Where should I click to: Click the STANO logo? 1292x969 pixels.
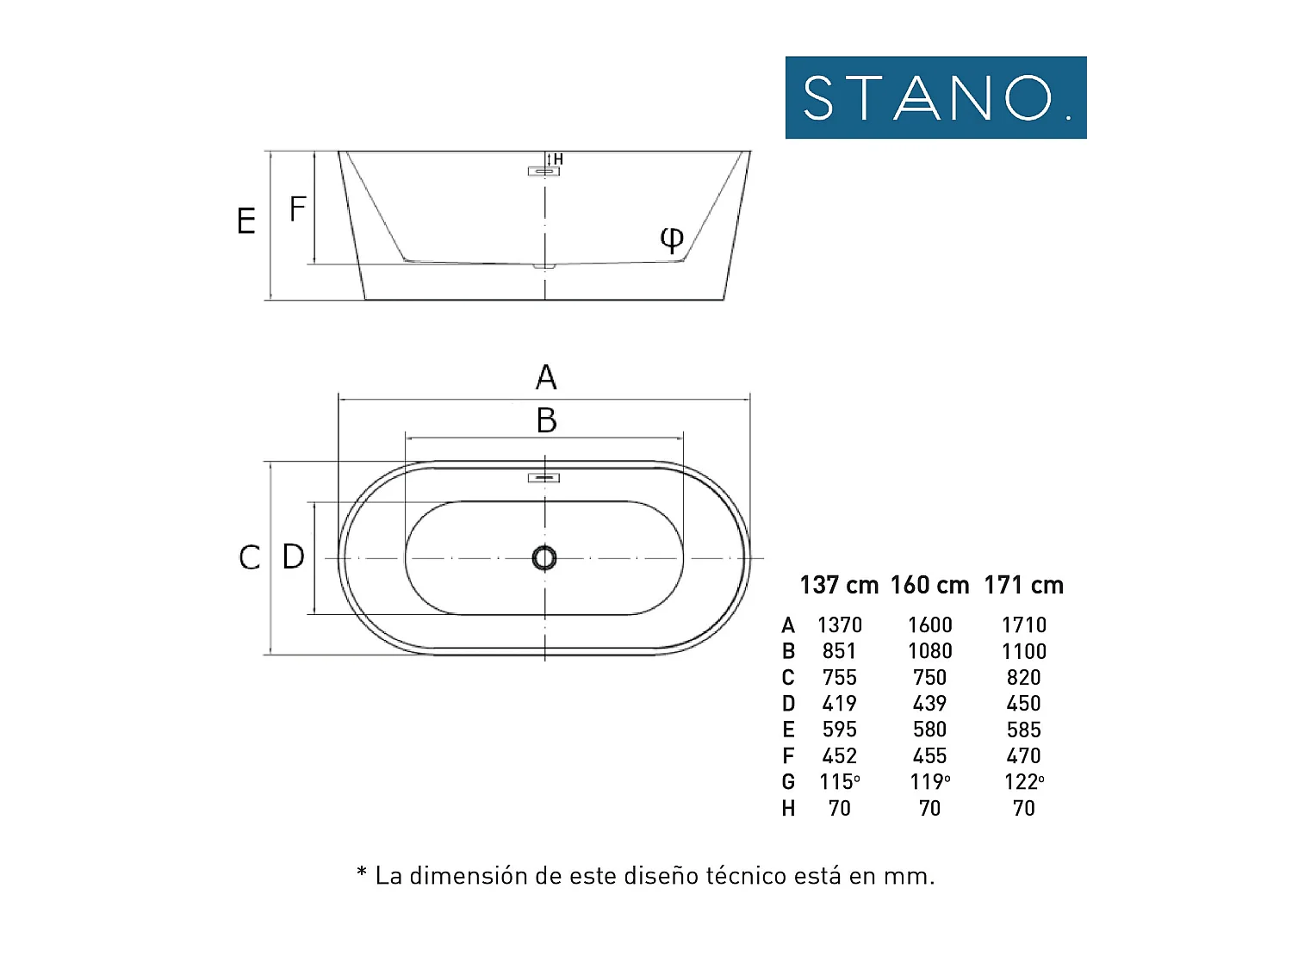[935, 97]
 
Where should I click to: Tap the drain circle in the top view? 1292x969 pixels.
[544, 558]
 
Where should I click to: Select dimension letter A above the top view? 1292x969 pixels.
[546, 377]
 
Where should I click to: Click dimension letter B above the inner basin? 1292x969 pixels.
[546, 421]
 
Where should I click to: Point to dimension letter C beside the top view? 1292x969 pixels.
[249, 557]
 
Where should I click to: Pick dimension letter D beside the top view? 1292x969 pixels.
[294, 556]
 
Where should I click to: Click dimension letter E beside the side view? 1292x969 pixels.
[246, 221]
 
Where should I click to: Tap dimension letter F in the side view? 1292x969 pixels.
[298, 209]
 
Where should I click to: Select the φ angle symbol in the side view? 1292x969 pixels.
[672, 238]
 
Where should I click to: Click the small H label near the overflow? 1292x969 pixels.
[558, 159]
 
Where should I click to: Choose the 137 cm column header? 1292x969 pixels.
[838, 586]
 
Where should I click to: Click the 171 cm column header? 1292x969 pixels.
[1023, 586]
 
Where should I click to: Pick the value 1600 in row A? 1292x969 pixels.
[929, 625]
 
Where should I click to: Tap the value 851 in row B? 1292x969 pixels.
[839, 651]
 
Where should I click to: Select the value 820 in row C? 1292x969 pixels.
[1023, 678]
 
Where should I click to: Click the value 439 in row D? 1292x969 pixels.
[929, 704]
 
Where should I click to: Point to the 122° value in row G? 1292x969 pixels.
[1023, 782]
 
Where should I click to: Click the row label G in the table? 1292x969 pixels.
[788, 782]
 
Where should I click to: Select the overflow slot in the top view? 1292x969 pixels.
[544, 478]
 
